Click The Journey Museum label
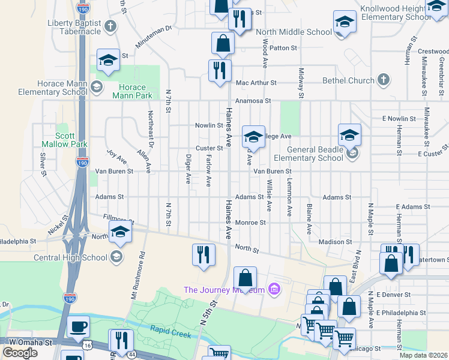pyautogui.click(x=224, y=290)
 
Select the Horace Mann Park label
pyautogui.click(x=132, y=91)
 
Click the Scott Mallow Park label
pyautogui.click(x=63, y=140)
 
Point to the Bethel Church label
pyautogui.click(x=348, y=80)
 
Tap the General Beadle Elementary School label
pyautogui.click(x=307, y=154)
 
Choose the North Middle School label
pyautogui.click(x=294, y=32)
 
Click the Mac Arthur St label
pyautogui.click(x=256, y=83)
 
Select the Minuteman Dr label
pyautogui.click(x=152, y=28)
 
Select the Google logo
pyautogui.click(x=20, y=353)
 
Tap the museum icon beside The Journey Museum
pyautogui.click(x=274, y=290)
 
